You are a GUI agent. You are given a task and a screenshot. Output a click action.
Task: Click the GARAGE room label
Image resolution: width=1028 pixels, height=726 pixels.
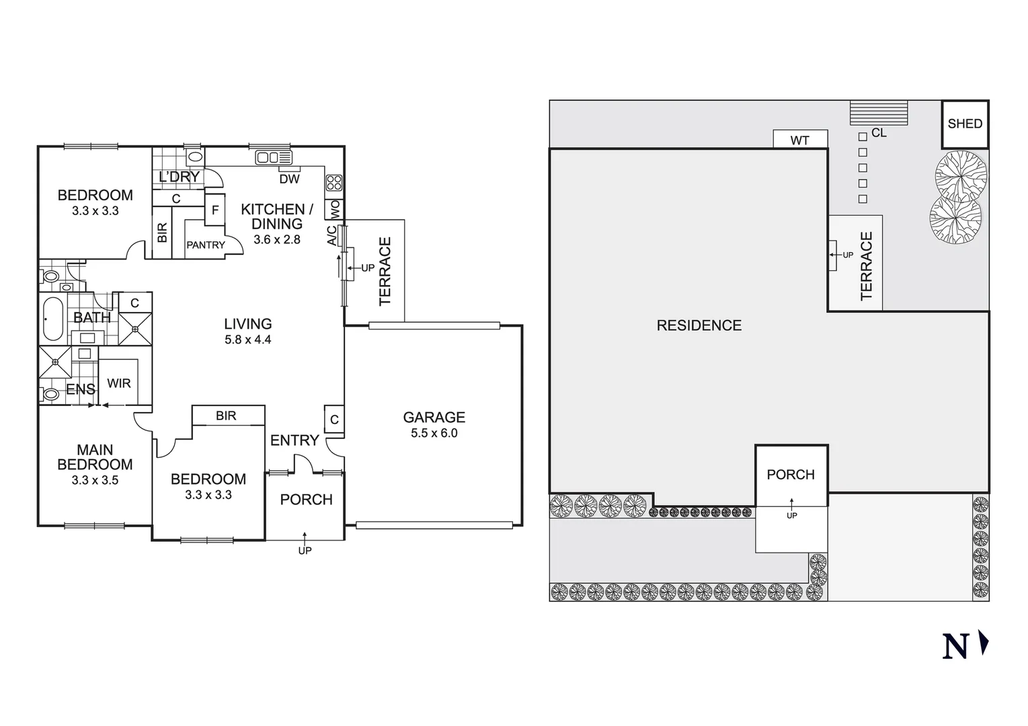point(434,417)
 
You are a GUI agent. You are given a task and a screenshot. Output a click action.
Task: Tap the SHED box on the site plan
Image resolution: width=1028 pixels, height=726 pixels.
point(964,124)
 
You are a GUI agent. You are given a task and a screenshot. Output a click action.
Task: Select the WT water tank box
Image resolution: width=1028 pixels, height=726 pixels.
point(799,140)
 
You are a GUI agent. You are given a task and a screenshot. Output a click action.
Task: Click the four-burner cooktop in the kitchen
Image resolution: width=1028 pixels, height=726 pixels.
point(333,182)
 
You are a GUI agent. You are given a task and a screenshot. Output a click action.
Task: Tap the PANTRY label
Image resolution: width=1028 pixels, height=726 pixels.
point(206,245)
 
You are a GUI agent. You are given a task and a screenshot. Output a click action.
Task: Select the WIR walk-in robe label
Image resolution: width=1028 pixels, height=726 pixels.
point(119,383)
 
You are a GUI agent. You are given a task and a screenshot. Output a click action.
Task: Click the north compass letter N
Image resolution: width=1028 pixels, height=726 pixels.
point(955,645)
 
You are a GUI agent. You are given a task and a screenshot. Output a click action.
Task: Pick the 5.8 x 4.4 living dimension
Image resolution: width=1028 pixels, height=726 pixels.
point(247,340)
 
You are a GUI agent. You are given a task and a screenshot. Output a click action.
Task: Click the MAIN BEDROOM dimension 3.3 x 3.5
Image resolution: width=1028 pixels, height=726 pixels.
point(95,480)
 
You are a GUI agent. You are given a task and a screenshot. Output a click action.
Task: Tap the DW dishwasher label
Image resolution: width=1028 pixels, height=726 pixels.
point(289,179)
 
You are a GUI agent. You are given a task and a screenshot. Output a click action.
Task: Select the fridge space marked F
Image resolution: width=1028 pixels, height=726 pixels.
point(215,210)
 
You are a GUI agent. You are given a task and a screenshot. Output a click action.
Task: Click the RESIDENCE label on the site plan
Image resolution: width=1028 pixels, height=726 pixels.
point(699,325)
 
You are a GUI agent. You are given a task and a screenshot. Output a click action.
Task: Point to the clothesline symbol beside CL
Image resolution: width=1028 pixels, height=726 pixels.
point(878,113)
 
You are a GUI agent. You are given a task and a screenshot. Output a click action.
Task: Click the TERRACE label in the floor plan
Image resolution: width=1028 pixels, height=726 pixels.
point(385,272)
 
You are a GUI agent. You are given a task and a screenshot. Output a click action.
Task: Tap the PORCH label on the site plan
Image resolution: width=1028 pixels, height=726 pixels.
point(791,475)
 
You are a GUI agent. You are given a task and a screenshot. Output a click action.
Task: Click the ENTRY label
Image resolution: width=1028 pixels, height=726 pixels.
point(294,440)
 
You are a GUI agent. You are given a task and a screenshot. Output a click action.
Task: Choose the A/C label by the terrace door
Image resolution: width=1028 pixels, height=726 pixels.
point(331,235)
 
